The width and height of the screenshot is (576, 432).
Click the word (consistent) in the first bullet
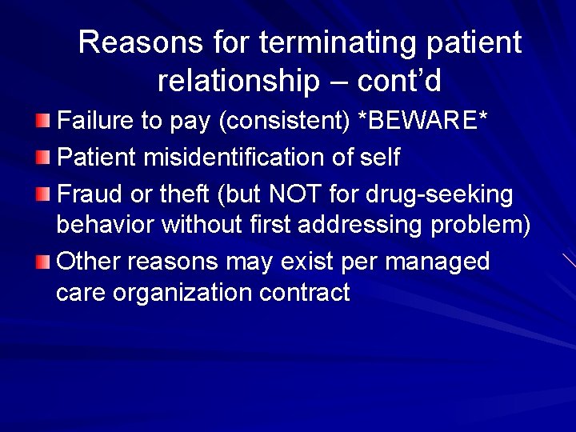[x=283, y=121]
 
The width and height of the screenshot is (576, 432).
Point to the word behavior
[x=106, y=226]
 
